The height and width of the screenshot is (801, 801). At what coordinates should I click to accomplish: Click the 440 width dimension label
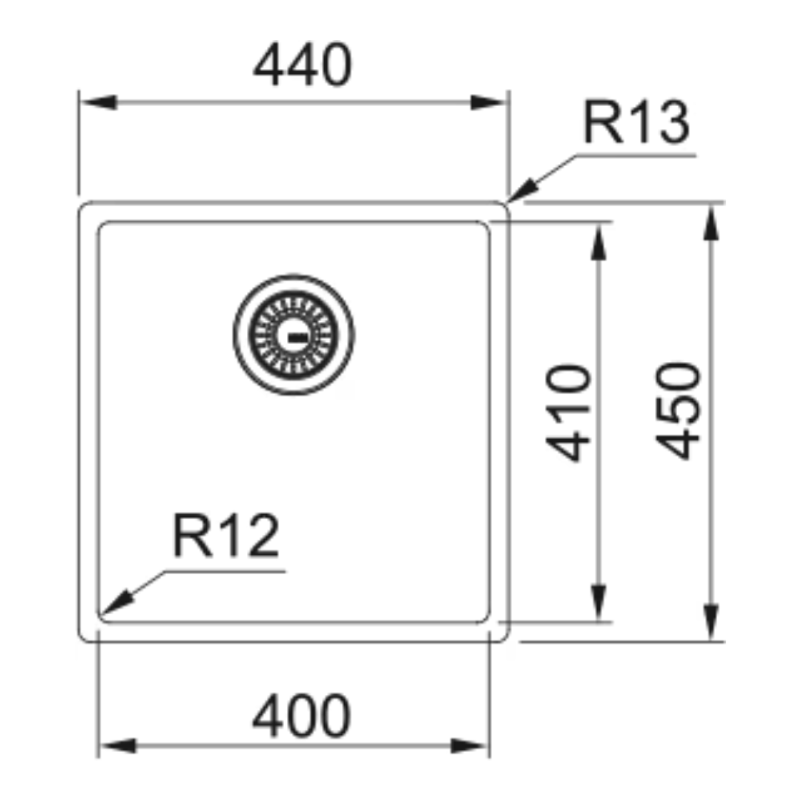click(x=303, y=65)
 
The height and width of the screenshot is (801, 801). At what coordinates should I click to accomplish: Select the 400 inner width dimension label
click(x=301, y=716)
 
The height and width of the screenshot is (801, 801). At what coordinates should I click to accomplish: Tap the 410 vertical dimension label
click(x=569, y=413)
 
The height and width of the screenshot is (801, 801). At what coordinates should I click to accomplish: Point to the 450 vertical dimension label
click(x=679, y=411)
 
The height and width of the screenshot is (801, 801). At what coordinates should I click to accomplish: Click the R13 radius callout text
click(x=636, y=122)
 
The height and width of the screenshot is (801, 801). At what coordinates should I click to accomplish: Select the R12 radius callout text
click(x=226, y=536)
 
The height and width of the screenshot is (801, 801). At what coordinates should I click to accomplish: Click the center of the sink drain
click(x=294, y=335)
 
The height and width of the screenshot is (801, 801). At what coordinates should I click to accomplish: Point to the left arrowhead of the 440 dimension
click(x=99, y=102)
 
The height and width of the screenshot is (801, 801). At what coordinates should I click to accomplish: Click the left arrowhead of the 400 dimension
click(x=118, y=746)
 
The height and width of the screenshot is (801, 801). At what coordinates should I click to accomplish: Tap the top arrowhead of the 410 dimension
click(x=599, y=242)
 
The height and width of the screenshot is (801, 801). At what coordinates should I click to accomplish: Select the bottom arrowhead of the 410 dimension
click(x=599, y=603)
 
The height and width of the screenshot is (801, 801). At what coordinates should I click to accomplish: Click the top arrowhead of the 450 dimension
click(x=711, y=222)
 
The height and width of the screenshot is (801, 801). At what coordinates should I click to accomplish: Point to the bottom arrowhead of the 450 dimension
click(x=711, y=622)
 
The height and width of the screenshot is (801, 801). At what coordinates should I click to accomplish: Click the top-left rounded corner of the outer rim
click(x=82, y=206)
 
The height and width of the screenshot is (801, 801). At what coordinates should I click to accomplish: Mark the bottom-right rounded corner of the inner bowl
click(x=486, y=619)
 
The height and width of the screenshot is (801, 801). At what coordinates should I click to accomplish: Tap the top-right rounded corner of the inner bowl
click(x=486, y=225)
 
